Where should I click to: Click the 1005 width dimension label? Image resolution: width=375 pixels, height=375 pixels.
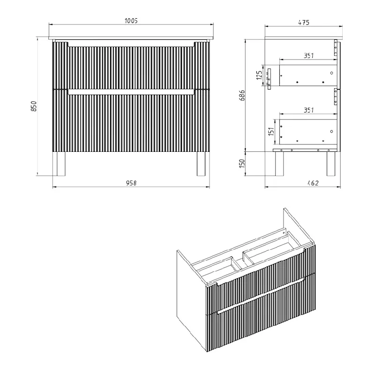(131, 21)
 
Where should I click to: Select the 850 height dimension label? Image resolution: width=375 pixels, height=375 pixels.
(34, 106)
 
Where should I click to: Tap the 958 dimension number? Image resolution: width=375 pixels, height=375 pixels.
(131, 183)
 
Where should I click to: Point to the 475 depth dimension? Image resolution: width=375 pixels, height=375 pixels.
(304, 22)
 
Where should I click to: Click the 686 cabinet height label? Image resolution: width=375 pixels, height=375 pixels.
(242, 95)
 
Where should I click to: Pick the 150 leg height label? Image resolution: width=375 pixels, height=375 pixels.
(242, 163)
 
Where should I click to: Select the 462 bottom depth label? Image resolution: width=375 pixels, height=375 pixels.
(313, 183)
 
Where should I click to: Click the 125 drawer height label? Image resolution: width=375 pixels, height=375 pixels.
(259, 75)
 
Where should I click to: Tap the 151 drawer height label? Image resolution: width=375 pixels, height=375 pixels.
(271, 132)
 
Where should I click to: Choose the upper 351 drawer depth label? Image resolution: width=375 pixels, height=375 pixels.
(309, 55)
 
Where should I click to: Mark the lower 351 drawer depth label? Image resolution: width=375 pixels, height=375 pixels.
(309, 110)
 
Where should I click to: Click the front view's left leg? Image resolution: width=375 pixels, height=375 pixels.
(61, 164)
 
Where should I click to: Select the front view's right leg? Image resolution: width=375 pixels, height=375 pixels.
(201, 164)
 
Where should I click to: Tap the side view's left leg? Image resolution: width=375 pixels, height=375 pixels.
(279, 164)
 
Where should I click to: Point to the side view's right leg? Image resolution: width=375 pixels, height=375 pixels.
(331, 164)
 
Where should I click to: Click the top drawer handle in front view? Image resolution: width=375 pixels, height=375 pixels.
(131, 45)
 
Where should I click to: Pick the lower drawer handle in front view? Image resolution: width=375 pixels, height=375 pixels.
(131, 92)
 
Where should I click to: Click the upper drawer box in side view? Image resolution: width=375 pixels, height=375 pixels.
(308, 75)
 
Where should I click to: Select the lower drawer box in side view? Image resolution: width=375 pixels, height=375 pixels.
(308, 132)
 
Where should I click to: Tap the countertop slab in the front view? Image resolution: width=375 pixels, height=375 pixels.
(131, 38)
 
